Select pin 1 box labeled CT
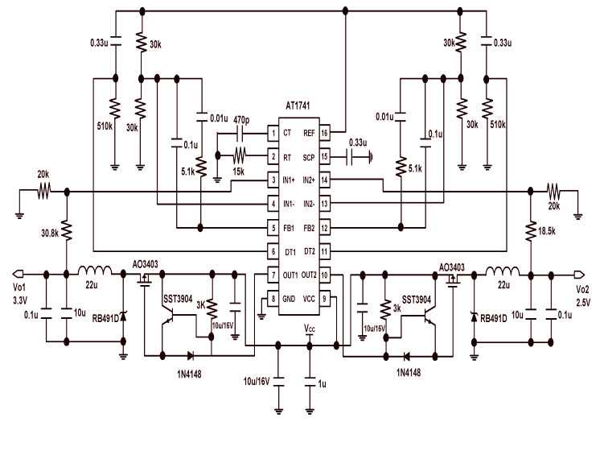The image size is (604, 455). (274, 134)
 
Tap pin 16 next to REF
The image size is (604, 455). (324, 134)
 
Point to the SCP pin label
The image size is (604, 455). (309, 158)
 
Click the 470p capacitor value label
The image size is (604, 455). (240, 120)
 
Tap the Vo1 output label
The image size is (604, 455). (19, 287)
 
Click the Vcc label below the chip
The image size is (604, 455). (310, 329)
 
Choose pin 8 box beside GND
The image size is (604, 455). (274, 299)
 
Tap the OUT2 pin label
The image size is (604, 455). (307, 275)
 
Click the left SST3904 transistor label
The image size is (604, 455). (179, 300)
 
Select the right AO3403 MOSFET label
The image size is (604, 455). (454, 267)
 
